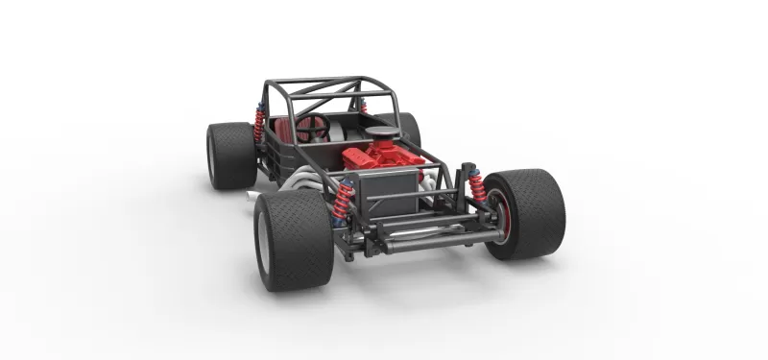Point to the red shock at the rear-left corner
point(259,125)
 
